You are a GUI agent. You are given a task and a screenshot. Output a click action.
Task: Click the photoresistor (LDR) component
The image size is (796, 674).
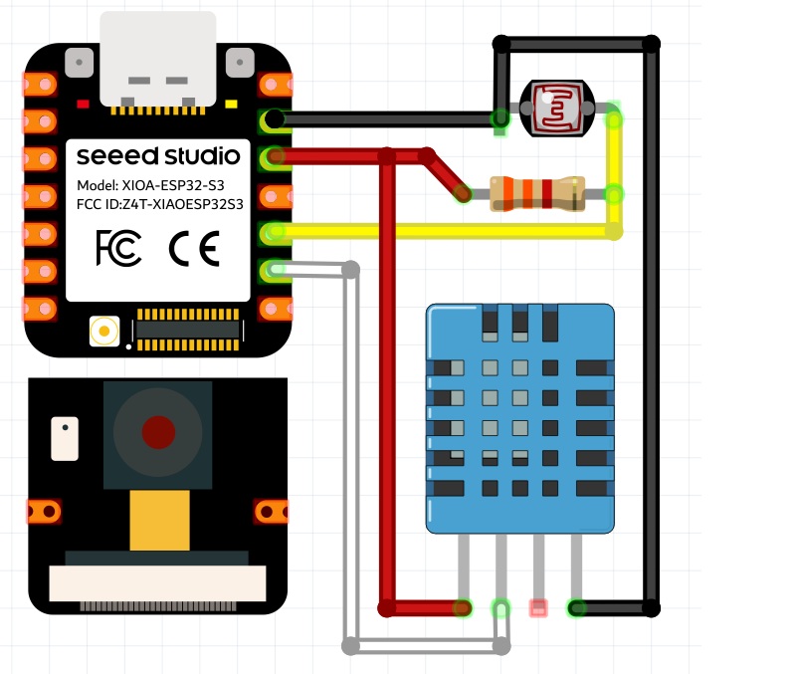coord(557,109)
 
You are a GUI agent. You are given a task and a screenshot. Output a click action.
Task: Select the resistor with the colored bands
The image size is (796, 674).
coord(537,193)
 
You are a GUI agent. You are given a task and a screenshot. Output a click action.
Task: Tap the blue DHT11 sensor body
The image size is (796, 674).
coord(519,418)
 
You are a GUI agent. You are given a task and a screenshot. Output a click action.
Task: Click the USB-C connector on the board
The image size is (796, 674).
coord(158,59)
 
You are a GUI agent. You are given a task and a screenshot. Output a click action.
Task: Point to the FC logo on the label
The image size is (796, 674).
coord(118,248)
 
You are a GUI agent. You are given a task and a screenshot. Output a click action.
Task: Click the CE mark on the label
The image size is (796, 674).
coord(194,248)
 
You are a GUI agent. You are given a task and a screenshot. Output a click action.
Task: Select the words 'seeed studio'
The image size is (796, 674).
coord(158,156)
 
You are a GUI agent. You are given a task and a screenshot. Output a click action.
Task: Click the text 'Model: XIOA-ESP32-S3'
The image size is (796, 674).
coord(150,185)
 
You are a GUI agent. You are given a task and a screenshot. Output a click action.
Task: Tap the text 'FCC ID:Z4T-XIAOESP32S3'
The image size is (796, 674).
coord(160,204)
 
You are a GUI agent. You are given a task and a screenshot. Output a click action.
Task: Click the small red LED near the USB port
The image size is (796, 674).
coord(83,105)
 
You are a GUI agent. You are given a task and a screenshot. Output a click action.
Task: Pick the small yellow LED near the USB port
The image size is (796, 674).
coord(231,105)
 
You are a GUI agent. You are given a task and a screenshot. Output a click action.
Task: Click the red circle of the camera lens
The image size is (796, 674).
coord(158,432)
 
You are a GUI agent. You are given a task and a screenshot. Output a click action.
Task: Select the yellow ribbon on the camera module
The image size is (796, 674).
coord(160,520)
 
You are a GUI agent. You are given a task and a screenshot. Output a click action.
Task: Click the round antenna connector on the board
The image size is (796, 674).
coord(104,332)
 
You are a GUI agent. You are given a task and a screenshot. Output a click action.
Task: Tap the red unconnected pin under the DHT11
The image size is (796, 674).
coord(538,608)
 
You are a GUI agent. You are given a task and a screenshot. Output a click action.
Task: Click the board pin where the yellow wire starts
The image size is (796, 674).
coord(275,232)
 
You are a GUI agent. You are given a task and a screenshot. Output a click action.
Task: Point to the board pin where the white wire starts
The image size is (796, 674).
coord(275,269)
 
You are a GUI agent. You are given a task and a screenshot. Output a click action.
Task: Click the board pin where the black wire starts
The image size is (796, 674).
coord(275,119)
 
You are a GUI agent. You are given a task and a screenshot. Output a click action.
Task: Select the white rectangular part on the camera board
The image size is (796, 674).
coord(65,439)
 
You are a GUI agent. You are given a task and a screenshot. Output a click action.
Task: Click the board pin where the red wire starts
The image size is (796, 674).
coord(275,156)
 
